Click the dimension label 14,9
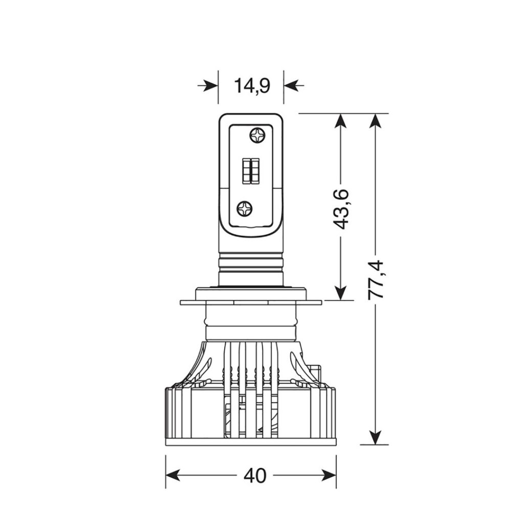pos(252,86)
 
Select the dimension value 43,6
pos(341,209)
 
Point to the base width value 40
pos(255,475)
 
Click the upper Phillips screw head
pos(257,135)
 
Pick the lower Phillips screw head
pos(244,209)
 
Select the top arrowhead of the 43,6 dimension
pos(340,121)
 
